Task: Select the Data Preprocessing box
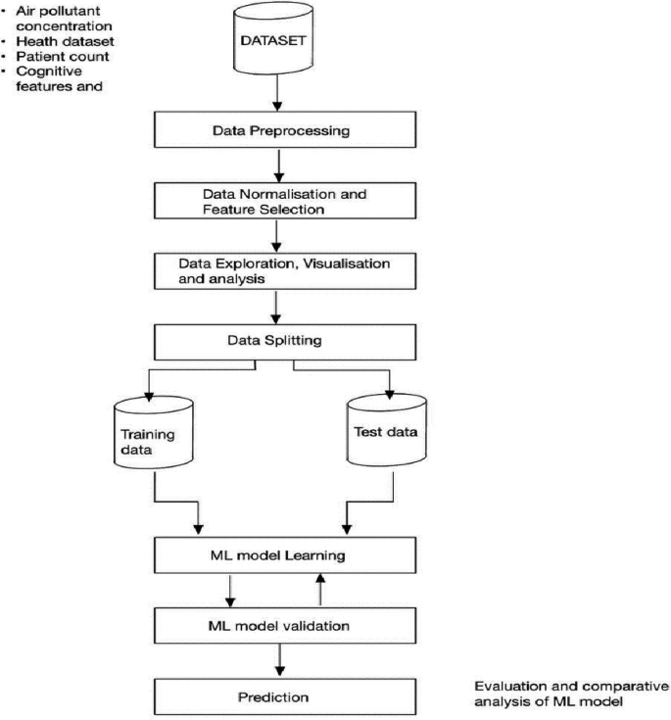(278, 129)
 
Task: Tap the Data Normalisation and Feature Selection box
(278, 200)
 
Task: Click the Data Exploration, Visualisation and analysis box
(278, 271)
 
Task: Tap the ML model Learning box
(278, 555)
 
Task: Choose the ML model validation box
(278, 625)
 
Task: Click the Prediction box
(278, 696)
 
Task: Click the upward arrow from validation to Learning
(318, 591)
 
